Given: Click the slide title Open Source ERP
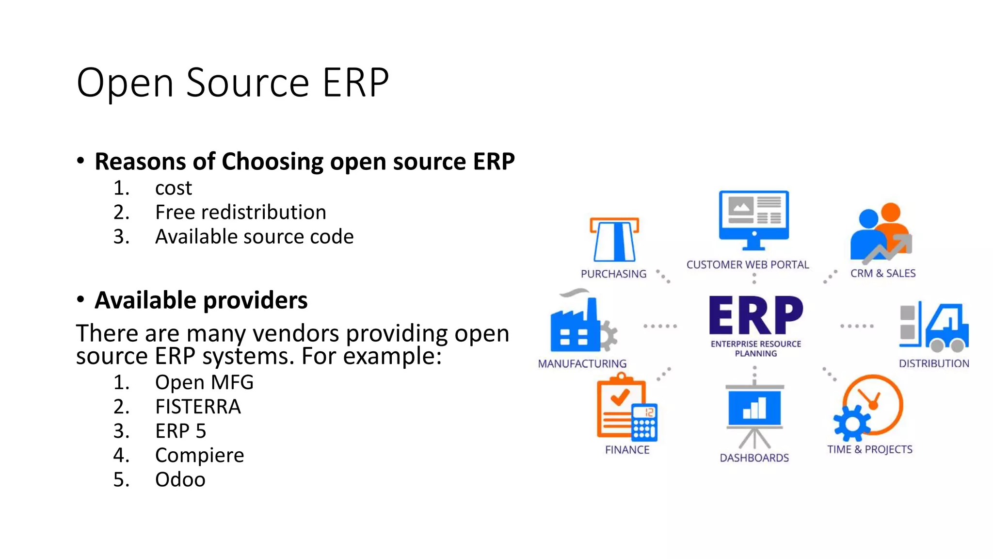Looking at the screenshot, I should coord(233,82).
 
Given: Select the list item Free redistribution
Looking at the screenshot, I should coord(240,213).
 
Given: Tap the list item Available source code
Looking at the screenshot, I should coord(254,237).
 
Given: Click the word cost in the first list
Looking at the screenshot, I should coord(173,188).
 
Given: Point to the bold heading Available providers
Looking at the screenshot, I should coord(201,300).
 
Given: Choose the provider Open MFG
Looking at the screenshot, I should coord(204,383).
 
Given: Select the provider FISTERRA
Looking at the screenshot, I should coord(198,407).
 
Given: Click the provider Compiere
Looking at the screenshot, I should coord(199,456).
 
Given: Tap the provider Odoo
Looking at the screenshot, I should coord(180,480).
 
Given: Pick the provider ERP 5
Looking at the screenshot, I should coord(180,431).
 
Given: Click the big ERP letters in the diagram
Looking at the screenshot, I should coord(755,315).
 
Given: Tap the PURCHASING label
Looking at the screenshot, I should coord(613,274).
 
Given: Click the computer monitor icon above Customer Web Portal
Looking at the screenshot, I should coord(754,218).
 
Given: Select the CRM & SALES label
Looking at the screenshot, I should coord(883,274).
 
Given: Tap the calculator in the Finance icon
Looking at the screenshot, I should coord(644,423).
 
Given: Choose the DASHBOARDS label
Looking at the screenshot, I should coord(754,458).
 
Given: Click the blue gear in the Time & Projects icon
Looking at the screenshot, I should coord(852,424).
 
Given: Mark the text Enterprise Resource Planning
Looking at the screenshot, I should coord(755,348).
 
